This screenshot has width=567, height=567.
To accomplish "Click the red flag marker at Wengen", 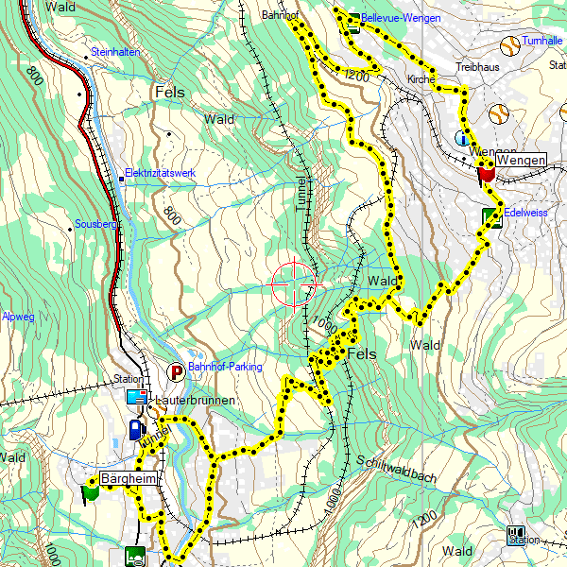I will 487,173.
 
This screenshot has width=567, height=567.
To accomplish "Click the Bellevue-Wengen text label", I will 401,18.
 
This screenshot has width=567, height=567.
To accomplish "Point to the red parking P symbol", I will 177,372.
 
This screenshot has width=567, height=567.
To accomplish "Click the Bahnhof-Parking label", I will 224,367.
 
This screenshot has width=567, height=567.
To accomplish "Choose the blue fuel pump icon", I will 134,430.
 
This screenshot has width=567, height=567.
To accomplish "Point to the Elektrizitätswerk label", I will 161,174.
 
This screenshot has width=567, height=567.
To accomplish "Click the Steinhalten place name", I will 115,52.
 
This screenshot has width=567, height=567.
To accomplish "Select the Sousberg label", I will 94,227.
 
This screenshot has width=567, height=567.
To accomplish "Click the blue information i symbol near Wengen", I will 461,139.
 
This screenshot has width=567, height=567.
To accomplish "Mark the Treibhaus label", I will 475,68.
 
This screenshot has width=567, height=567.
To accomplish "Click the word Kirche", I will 421,80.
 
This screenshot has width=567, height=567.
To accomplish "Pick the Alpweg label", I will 18,318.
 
